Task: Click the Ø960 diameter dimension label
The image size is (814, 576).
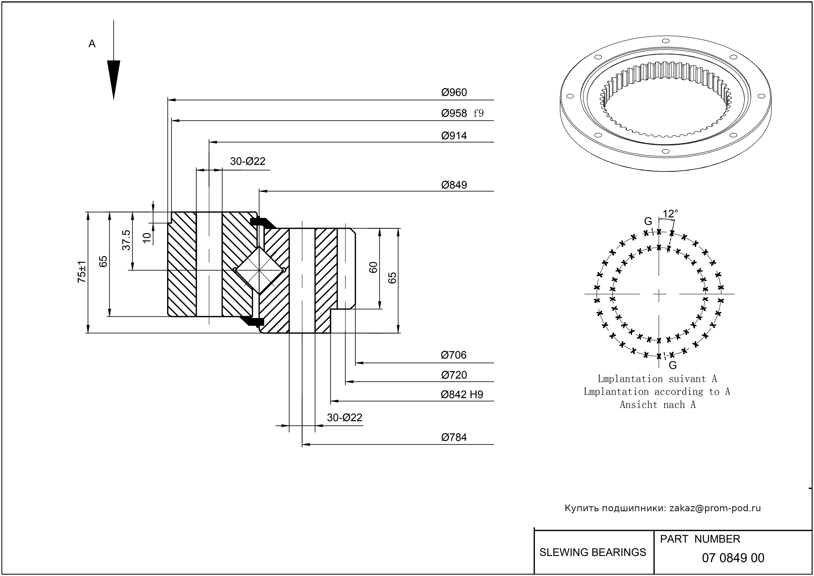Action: [454, 93]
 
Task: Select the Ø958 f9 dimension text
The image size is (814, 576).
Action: [462, 113]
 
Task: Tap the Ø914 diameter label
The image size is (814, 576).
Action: [454, 135]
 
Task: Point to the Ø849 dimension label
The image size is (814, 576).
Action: [454, 185]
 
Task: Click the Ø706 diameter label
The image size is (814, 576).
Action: [454, 355]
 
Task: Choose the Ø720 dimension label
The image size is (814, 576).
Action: [454, 375]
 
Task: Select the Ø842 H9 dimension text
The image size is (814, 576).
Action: [462, 394]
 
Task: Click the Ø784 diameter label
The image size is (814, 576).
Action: [454, 437]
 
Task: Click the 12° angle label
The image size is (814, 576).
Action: [670, 214]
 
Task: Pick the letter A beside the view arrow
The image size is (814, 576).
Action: [92, 44]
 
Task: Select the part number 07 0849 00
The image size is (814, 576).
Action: [733, 558]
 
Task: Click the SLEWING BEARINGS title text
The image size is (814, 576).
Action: [593, 552]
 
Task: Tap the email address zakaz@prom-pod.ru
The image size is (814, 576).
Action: [715, 508]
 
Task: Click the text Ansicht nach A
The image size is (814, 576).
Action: [657, 405]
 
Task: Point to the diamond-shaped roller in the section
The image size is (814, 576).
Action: [259, 270]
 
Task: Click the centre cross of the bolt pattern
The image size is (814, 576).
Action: [659, 294]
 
